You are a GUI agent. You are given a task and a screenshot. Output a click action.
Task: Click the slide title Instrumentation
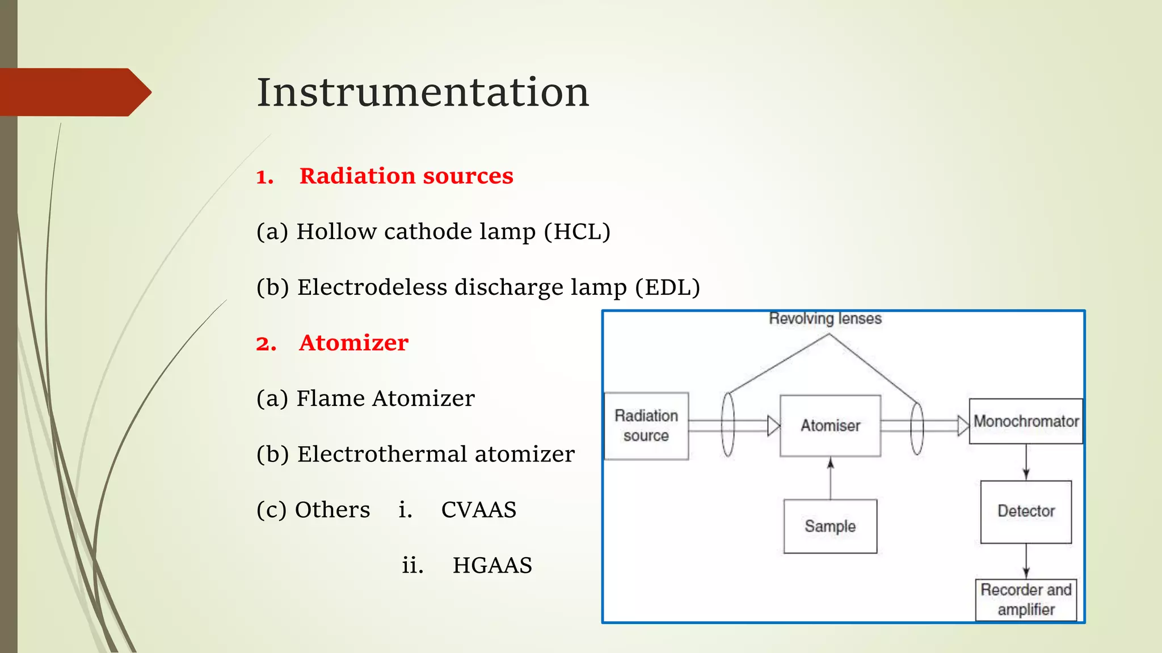point(423,92)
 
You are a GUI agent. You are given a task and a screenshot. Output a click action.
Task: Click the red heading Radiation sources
point(406,176)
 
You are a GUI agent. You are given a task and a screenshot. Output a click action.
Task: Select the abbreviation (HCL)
point(577,232)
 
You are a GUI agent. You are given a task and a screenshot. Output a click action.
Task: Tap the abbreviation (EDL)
point(667,287)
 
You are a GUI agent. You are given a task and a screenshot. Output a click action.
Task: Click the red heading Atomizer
point(353,343)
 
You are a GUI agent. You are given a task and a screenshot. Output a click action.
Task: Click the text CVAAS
point(478,510)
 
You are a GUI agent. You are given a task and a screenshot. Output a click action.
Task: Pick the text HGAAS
point(492,565)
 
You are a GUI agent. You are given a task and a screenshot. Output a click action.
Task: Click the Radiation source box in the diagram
point(646,426)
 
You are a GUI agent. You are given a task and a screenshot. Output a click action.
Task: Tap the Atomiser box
point(830,426)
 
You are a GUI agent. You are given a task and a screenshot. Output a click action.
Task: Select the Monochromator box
point(1026,421)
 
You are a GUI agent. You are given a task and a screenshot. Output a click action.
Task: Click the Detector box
point(1026,511)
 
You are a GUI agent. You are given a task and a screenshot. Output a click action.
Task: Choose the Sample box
point(830,526)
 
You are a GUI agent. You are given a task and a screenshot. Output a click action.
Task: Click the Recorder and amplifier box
point(1026,599)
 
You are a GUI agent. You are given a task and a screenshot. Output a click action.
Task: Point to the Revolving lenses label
point(825,319)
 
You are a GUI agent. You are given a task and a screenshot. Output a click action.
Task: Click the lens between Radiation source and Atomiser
point(728,425)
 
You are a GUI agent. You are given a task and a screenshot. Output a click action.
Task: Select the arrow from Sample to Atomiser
point(830,479)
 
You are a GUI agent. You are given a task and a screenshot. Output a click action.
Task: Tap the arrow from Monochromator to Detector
point(1026,462)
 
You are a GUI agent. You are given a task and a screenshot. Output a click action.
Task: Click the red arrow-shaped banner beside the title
point(74,92)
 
